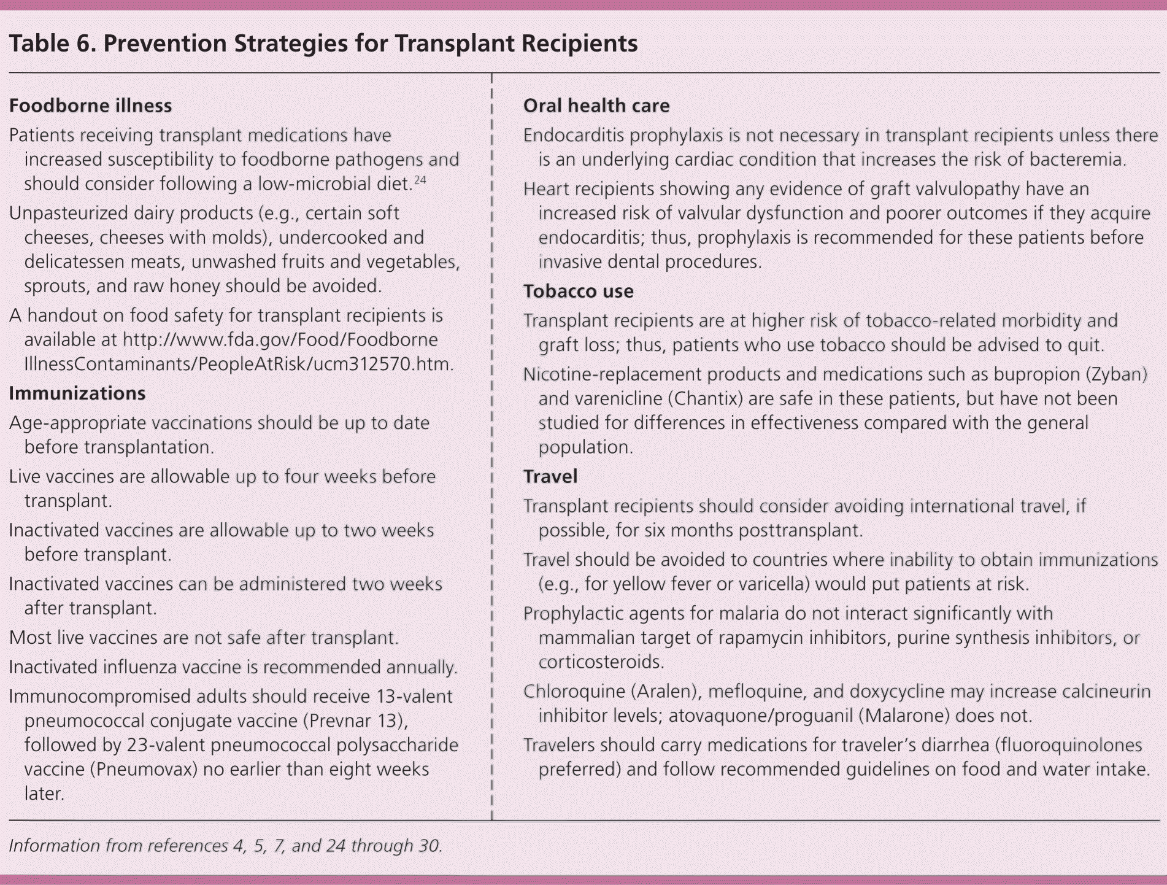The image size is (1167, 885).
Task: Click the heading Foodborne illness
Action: pyautogui.click(x=90, y=106)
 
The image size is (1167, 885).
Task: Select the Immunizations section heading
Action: pyautogui.click(x=77, y=393)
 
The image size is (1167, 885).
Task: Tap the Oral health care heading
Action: pyautogui.click(x=596, y=106)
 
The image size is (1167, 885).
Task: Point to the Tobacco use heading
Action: pyautogui.click(x=578, y=291)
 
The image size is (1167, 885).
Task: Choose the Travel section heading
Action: pyautogui.click(x=550, y=477)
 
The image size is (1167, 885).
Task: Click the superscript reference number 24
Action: pyautogui.click(x=420, y=180)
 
